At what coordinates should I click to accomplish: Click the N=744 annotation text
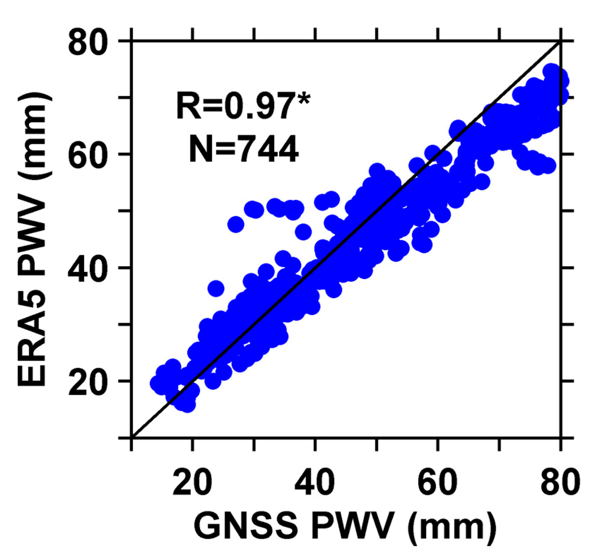[x=244, y=149]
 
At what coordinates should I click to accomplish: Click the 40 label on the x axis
[x=315, y=481]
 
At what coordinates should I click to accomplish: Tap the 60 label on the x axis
[x=438, y=481]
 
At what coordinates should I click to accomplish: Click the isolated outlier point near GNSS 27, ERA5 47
[x=236, y=224]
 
